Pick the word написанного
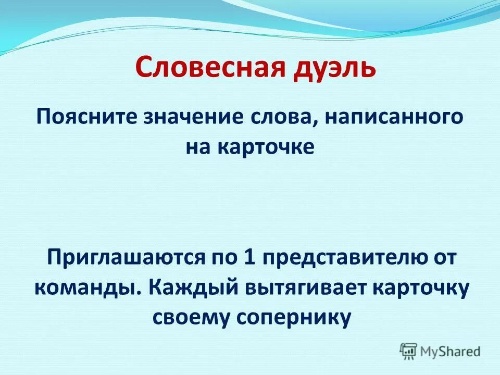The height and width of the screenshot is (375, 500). point(395,117)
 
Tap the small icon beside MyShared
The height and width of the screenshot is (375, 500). point(408,351)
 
